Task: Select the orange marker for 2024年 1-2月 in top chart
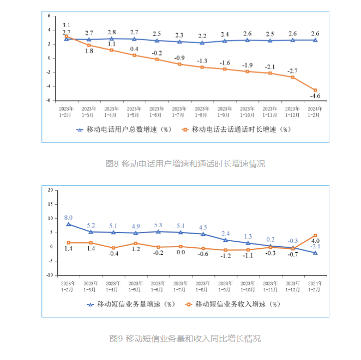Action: (315, 90)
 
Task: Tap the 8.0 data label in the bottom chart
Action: (68, 217)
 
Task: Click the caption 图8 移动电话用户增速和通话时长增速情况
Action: (185, 163)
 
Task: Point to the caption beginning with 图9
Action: (185, 338)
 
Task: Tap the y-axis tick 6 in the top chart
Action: (49, 16)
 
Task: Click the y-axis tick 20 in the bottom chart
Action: (50, 190)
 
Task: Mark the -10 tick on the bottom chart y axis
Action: (50, 275)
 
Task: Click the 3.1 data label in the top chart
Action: (67, 25)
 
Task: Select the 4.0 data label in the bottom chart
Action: (315, 240)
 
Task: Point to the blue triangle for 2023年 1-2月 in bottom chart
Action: (68, 224)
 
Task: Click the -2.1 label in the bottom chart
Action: (315, 247)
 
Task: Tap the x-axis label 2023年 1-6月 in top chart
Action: (157, 112)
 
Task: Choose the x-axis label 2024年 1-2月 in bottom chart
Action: (315, 286)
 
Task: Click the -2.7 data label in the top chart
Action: (293, 71)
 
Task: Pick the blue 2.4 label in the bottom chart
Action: (225, 233)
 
